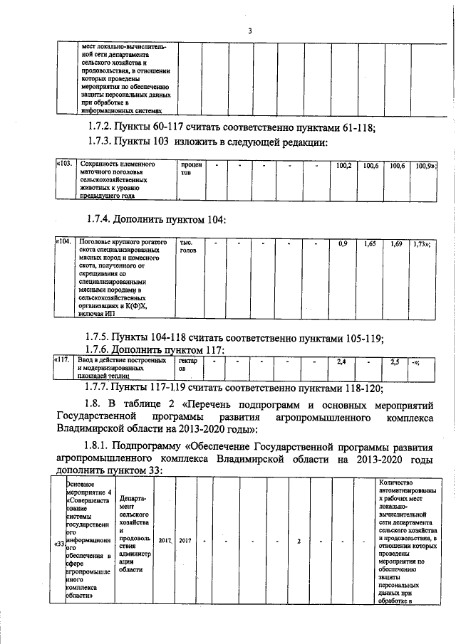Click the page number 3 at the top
point(249,31)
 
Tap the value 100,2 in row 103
point(342,166)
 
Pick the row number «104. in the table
point(65,243)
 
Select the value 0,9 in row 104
point(342,243)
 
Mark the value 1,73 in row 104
point(422,243)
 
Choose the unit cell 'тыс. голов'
point(188,247)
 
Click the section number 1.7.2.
point(100,128)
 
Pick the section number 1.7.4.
point(100,219)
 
